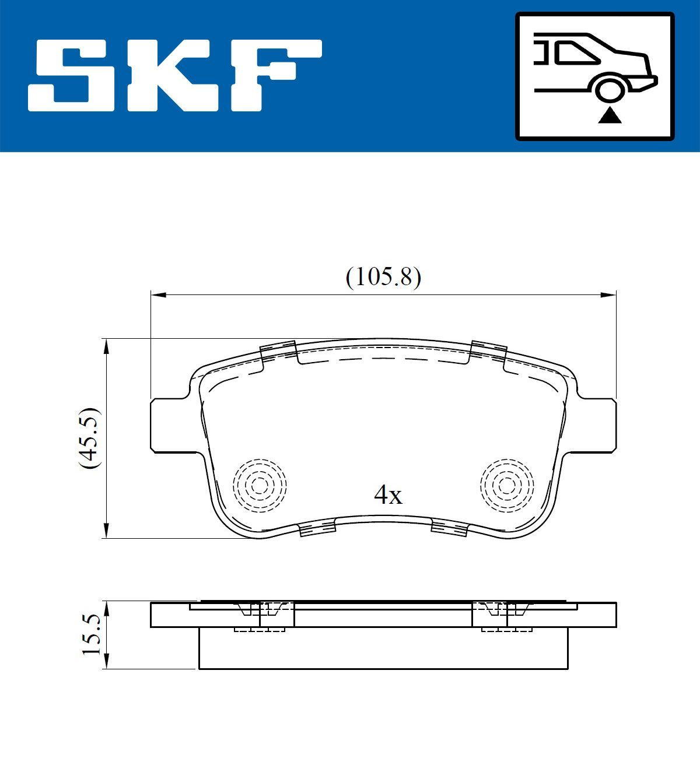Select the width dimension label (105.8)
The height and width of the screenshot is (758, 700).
click(383, 278)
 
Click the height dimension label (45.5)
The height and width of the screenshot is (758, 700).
click(91, 438)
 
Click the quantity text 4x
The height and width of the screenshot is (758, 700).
click(388, 496)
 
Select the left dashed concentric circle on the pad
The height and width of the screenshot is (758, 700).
click(260, 484)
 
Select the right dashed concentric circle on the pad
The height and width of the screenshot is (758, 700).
click(506, 484)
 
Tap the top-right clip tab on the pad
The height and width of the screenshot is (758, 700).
click(488, 350)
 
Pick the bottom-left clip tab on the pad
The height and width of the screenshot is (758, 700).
click(317, 529)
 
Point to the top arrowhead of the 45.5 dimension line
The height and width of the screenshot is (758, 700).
click(106, 346)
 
